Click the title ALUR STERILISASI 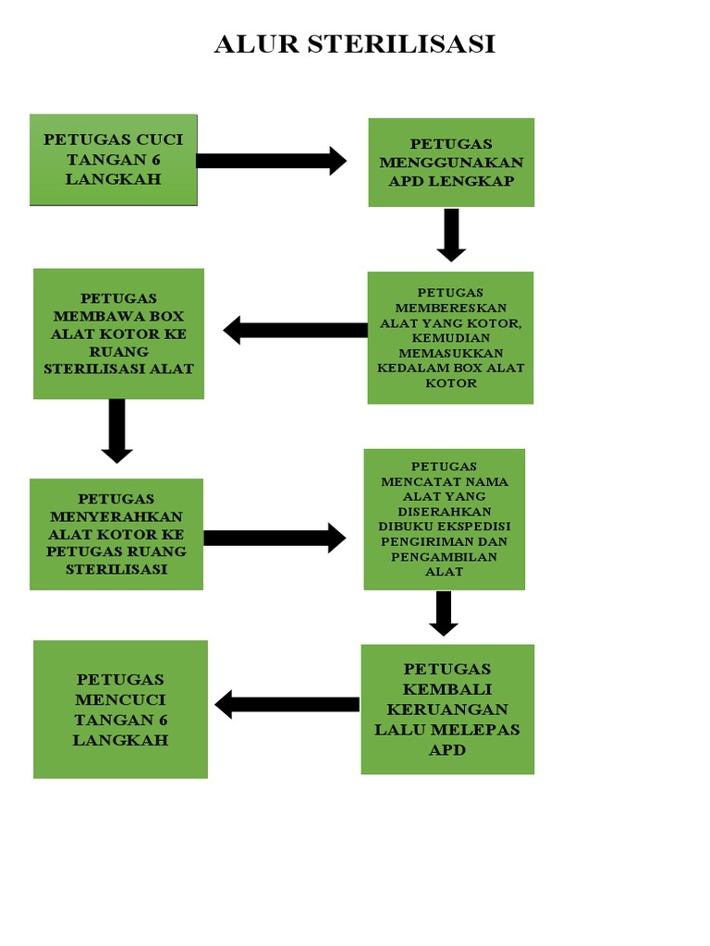(354, 43)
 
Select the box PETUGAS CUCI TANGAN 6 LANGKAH (114, 159)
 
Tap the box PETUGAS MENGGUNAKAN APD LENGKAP (451, 162)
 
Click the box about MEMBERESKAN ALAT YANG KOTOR (450, 337)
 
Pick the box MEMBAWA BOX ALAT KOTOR (118, 334)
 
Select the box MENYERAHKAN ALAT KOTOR (116, 534)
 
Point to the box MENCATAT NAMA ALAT (445, 519)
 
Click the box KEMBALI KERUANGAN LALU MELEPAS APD (447, 709)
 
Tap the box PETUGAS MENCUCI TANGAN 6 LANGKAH (120, 709)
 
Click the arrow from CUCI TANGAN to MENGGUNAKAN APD (271, 161)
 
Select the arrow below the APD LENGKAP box (451, 235)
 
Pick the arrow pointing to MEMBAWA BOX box (296, 330)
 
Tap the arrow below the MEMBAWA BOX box (116, 431)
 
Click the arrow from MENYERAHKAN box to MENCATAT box (275, 538)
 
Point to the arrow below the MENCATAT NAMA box (444, 613)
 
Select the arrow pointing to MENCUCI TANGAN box (288, 705)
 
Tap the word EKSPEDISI (474, 527)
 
